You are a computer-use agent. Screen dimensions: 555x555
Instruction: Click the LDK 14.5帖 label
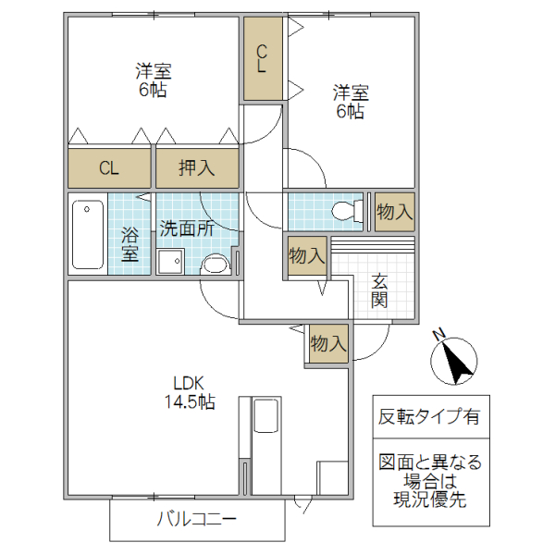tap(193, 392)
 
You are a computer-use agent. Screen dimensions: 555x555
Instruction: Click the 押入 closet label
tap(197, 168)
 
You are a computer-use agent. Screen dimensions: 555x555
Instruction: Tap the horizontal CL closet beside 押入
tap(109, 168)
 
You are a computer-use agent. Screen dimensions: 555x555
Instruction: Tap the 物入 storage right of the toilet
tap(395, 212)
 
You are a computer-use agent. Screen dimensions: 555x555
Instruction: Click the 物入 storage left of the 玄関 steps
tap(305, 255)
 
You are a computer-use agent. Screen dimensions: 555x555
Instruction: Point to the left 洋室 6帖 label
tap(152, 80)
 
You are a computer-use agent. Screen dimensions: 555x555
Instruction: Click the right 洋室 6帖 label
tap(351, 102)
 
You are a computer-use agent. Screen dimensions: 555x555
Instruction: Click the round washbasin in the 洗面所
tap(215, 265)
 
